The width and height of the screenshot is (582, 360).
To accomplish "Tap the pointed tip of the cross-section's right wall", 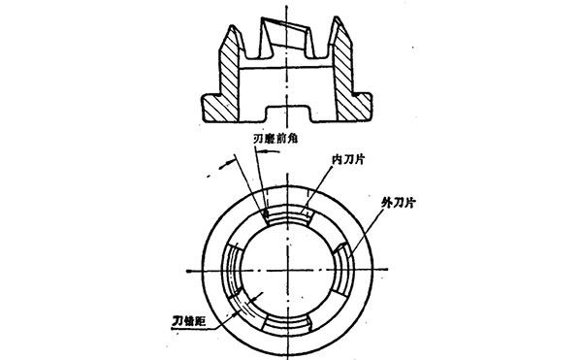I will [342, 23].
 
